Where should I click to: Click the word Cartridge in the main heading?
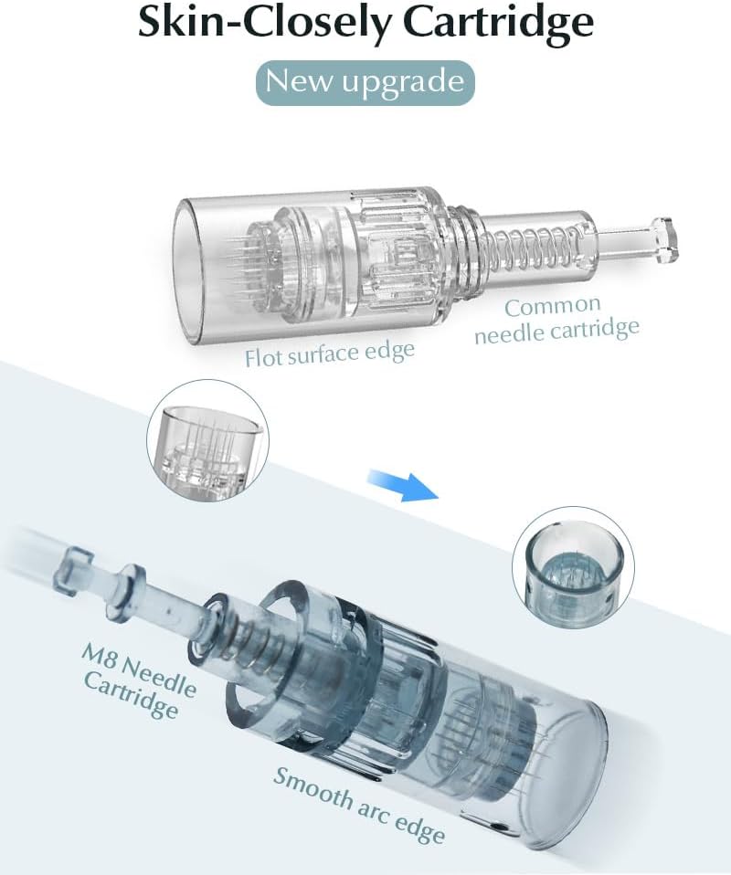pyautogui.click(x=498, y=24)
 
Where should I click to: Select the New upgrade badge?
pyautogui.click(x=365, y=82)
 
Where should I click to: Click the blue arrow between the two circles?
pyautogui.click(x=402, y=484)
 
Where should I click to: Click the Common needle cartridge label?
pyautogui.click(x=556, y=320)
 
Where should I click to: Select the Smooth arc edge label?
pyautogui.click(x=358, y=804)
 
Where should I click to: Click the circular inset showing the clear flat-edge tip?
pyautogui.click(x=208, y=440)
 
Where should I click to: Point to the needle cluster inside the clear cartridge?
pyautogui.click(x=249, y=267)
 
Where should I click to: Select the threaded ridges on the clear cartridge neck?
pyautogui.click(x=458, y=246)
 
